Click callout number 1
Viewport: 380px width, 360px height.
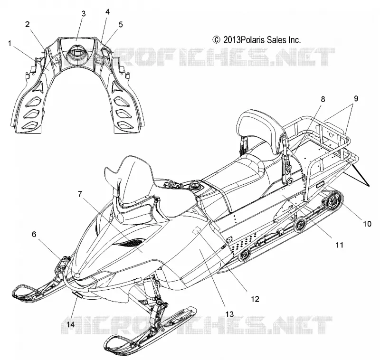9,44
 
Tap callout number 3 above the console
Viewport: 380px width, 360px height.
84,14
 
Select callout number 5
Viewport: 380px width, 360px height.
121,25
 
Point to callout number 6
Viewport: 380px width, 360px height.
34,234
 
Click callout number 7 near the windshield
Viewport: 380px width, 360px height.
80,194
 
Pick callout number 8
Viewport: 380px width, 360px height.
323,99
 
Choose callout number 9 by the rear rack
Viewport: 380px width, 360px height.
356,99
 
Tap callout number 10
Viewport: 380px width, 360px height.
367,224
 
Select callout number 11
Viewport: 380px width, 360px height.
340,245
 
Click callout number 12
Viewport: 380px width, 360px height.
255,299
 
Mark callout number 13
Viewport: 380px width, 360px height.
229,314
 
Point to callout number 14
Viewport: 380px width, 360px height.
70,324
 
